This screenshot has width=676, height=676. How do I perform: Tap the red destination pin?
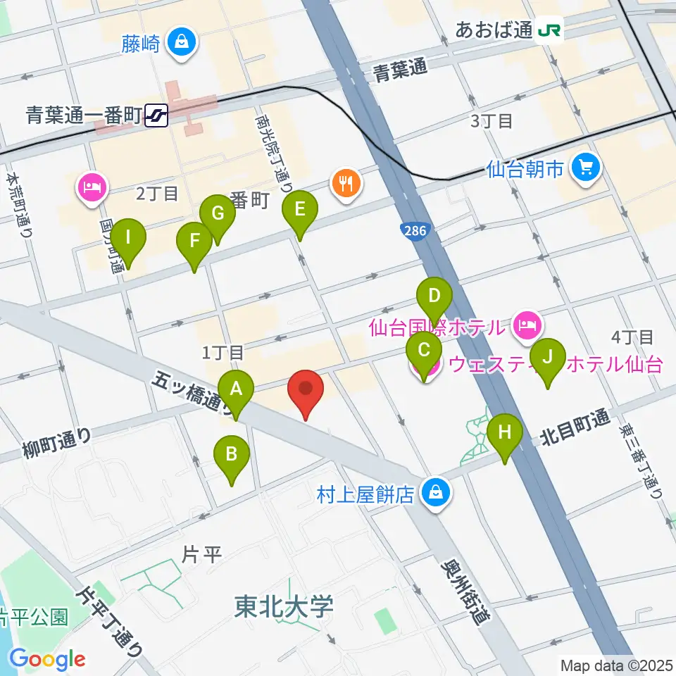coord(306,389)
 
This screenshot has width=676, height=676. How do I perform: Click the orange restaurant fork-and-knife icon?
coord(346,184)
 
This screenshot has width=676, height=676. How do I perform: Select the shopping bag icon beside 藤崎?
coord(183,43)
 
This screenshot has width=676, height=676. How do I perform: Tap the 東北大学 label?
coord(284,606)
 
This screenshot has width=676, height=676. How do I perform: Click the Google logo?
coord(47,660)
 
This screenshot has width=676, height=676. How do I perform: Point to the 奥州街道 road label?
coord(466,592)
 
